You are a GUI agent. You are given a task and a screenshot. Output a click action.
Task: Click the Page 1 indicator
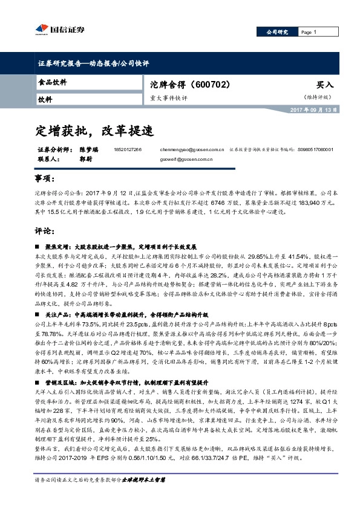309,32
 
